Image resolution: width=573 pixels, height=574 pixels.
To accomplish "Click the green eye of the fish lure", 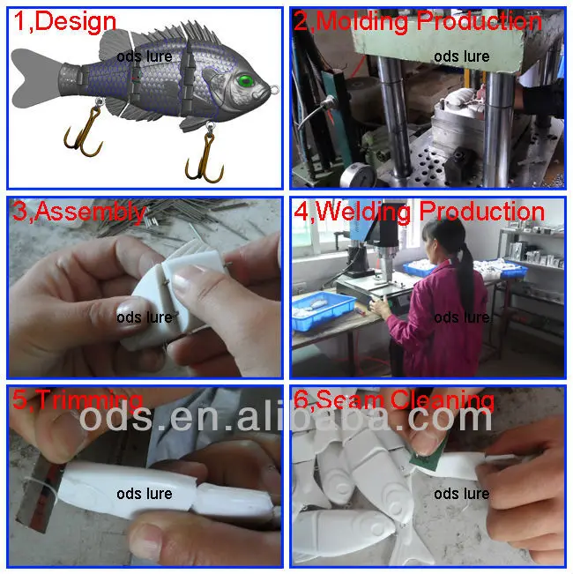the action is tap(245, 80).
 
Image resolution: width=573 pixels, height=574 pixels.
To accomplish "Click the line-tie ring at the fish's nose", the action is tap(274, 89).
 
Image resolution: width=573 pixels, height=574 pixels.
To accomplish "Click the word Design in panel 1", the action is tap(76, 21).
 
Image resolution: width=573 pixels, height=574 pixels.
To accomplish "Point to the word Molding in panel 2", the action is tap(361, 22).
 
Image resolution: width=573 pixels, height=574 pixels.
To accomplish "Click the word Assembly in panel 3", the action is tap(91, 212).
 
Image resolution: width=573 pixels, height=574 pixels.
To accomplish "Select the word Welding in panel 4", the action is tap(363, 212).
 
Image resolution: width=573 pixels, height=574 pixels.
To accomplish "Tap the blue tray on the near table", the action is tap(323, 309).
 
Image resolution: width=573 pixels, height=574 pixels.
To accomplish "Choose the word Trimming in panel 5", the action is tap(89, 400).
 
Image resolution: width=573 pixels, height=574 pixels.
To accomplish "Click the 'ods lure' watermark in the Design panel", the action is tap(145, 56).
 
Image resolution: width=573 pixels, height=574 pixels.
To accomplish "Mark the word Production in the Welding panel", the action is tap(481, 212).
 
